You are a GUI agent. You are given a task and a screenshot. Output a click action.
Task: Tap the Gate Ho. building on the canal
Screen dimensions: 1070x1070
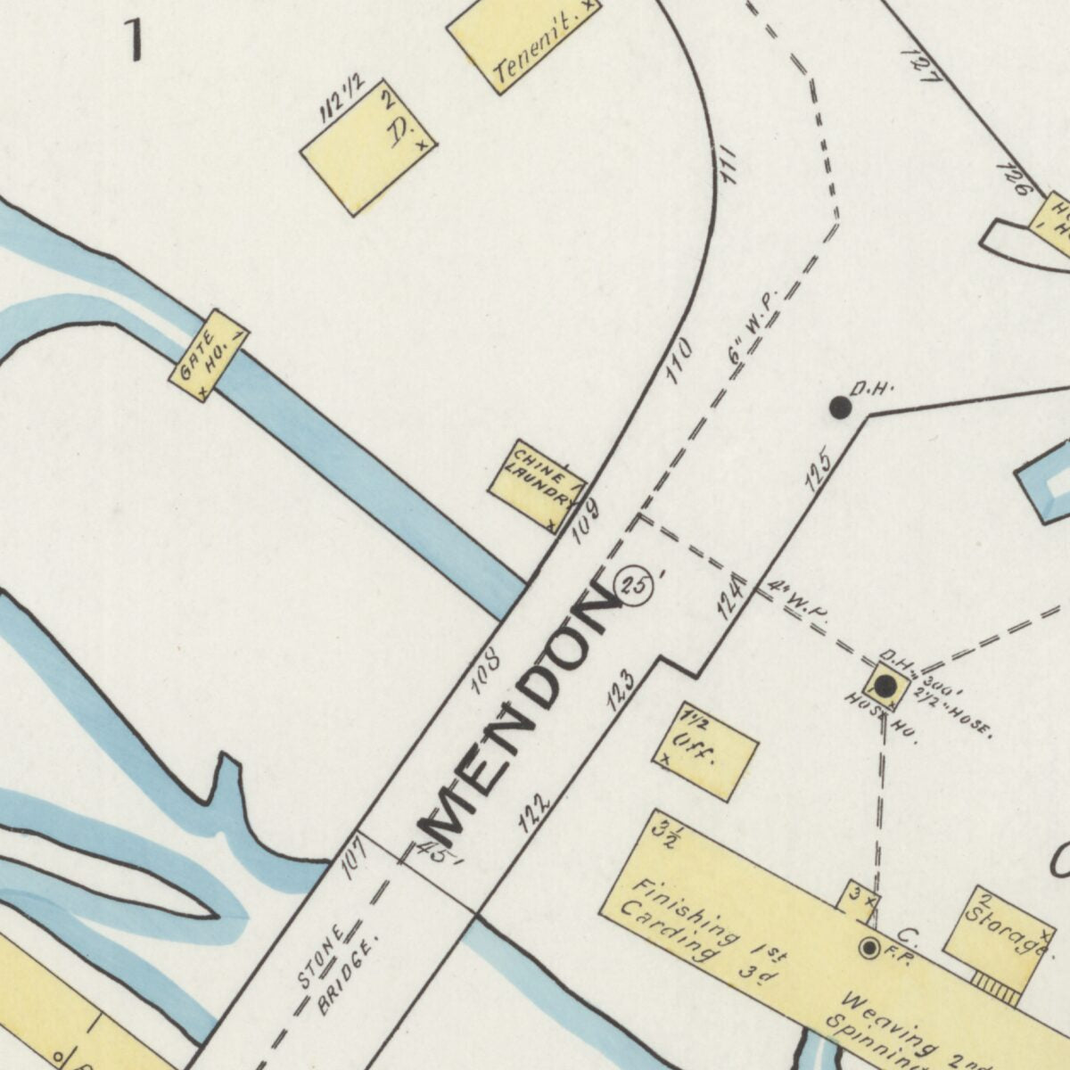(x=209, y=355)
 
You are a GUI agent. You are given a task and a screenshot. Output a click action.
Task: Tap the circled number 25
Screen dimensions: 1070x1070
(x=638, y=586)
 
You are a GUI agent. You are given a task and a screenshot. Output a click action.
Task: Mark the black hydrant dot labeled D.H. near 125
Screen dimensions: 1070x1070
(x=840, y=407)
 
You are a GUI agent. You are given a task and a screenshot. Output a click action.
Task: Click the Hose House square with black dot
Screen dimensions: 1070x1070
(x=885, y=686)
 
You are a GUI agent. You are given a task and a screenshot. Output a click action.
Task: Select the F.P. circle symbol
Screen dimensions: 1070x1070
(x=868, y=947)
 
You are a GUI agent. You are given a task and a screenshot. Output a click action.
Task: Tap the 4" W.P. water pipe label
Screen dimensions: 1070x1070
(x=795, y=600)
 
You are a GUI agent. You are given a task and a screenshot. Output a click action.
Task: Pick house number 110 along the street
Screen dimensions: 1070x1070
(x=679, y=359)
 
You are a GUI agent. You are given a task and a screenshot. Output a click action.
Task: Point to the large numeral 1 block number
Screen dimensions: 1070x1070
(x=135, y=40)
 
